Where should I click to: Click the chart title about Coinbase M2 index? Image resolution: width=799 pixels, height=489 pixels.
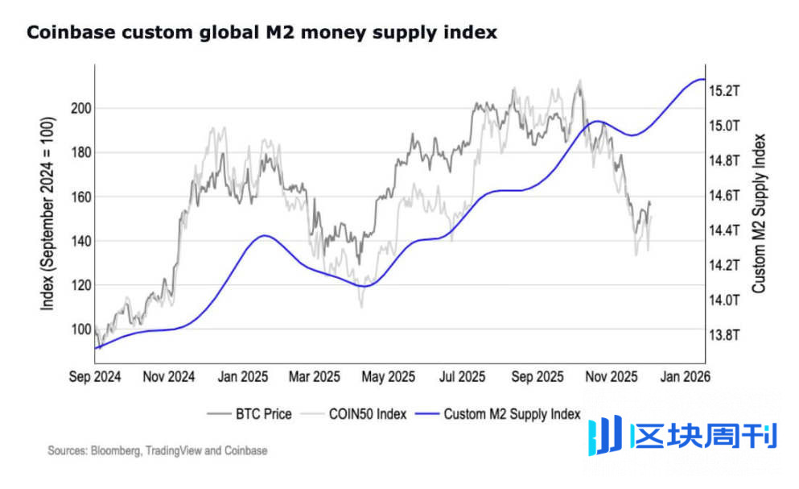[262, 33]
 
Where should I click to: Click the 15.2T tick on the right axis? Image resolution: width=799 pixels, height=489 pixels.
[724, 91]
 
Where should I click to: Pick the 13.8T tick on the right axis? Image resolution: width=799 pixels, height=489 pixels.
[724, 334]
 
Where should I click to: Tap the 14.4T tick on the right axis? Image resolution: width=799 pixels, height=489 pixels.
[724, 230]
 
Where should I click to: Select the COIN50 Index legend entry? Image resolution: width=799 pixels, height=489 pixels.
[364, 414]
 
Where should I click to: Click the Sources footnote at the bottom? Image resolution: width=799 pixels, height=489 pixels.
[157, 451]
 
